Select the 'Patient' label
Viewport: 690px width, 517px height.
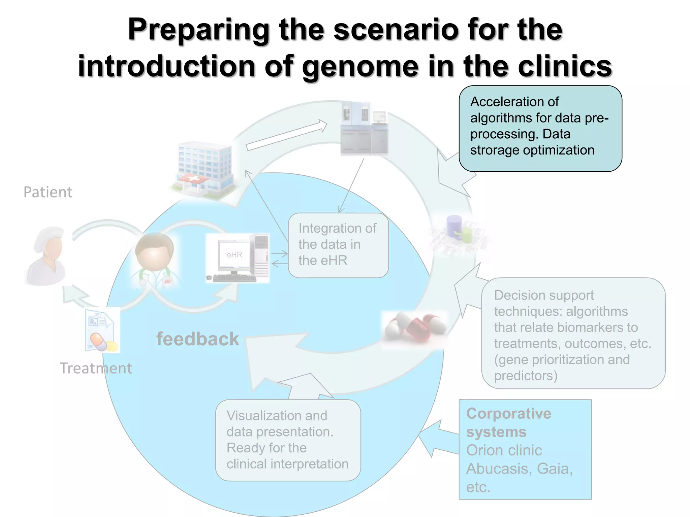tap(48, 192)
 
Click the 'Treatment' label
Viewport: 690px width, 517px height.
tap(96, 368)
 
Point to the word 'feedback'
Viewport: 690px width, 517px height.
tap(198, 339)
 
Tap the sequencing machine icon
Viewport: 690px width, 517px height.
tap(364, 129)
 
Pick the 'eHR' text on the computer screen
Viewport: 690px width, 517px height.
tap(234, 255)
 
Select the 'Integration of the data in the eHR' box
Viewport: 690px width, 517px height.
tap(338, 245)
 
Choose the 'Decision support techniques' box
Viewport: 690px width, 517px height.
tap(573, 333)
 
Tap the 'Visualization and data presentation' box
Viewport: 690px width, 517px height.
tap(288, 440)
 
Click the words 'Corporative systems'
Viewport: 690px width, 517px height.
tap(508, 422)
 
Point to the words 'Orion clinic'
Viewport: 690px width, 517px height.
tap(504, 450)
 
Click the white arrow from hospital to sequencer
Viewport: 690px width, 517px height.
tap(286, 136)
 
